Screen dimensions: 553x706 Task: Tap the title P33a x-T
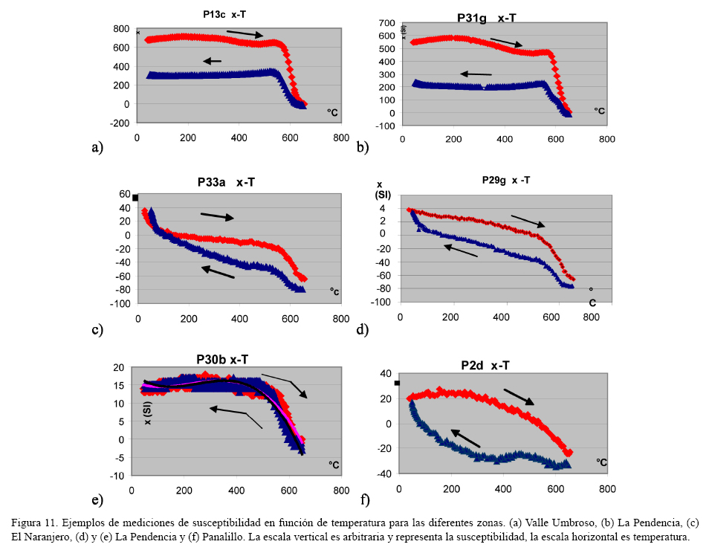click(230, 181)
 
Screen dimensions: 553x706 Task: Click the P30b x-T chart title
click(222, 360)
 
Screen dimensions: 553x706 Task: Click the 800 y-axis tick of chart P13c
click(121, 28)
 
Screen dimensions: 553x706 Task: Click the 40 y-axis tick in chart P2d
click(386, 374)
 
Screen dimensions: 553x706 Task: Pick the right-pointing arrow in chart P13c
click(244, 33)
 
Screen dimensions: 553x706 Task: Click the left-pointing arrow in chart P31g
click(476, 74)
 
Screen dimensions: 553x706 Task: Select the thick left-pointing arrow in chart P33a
click(218, 273)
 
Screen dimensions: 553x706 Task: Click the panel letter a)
click(97, 147)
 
